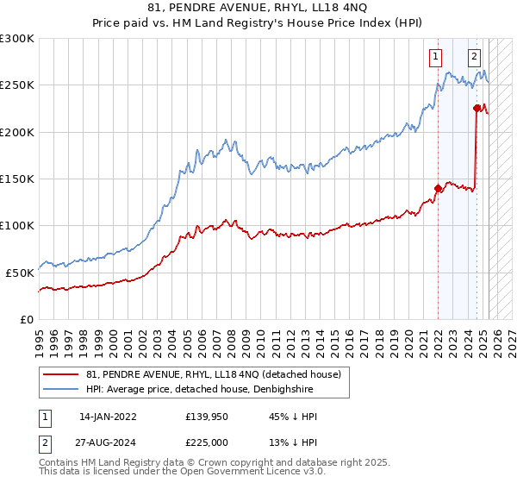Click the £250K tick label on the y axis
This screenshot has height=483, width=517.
coord(17,85)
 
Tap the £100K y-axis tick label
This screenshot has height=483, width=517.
coord(17,225)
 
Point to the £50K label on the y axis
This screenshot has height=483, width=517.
coord(21,272)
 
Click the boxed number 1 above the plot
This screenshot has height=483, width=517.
coord(437,58)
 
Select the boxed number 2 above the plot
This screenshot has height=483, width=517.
coord(475,58)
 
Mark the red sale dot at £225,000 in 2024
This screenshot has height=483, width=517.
coord(477,109)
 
